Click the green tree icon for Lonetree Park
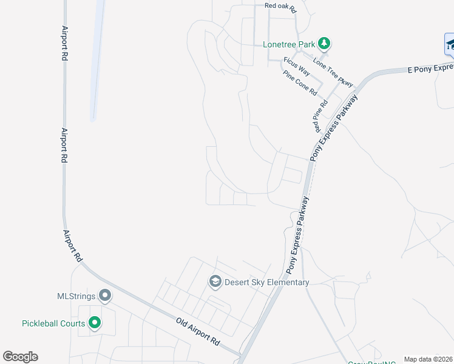(x=325, y=44)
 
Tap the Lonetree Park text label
(x=289, y=44)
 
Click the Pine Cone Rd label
(x=300, y=83)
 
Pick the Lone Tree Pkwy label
(x=333, y=72)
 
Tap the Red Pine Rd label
(x=317, y=117)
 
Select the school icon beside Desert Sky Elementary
(x=215, y=281)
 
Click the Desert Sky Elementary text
(x=267, y=282)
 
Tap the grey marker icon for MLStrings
(x=105, y=296)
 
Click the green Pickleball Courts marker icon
(x=95, y=323)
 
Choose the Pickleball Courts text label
(x=53, y=323)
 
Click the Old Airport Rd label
(x=198, y=331)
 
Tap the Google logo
(x=21, y=357)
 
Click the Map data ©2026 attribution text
(x=429, y=359)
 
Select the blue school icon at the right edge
(x=449, y=44)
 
